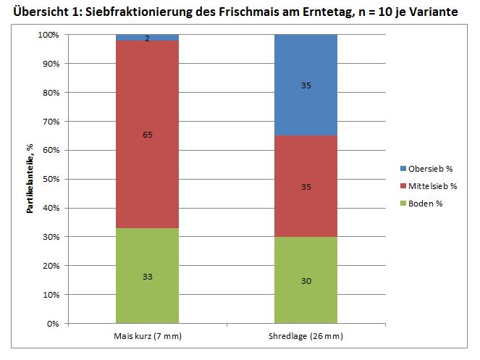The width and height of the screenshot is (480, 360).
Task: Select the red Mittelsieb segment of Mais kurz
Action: click(147, 167)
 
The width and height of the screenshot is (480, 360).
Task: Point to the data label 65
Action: click(147, 135)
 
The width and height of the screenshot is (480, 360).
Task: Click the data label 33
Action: click(147, 276)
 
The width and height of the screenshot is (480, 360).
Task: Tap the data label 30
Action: click(306, 280)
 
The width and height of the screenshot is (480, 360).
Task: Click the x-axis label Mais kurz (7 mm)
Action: click(147, 337)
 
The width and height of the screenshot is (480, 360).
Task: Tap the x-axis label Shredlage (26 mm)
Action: click(306, 337)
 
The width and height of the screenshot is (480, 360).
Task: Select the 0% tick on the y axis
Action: click(53, 324)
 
